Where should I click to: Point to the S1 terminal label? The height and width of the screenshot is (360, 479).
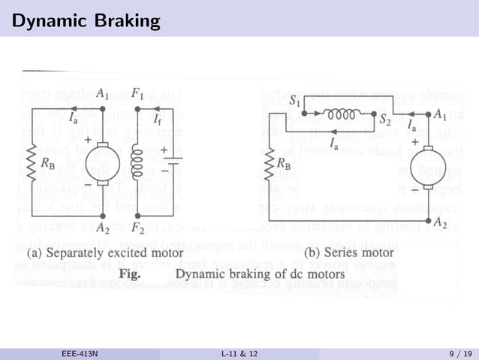coord(295,100)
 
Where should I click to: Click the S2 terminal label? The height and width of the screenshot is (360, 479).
coord(385,119)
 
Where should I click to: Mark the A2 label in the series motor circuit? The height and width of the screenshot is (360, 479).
coord(443,223)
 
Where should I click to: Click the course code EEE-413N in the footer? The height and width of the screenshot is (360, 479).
coord(80,353)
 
